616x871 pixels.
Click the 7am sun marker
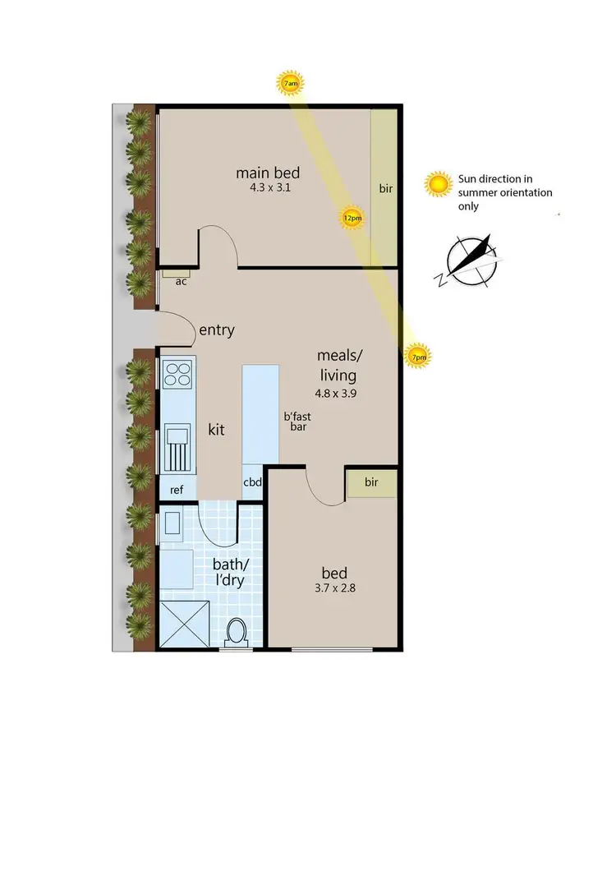tap(289, 84)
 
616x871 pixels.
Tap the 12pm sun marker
tap(352, 218)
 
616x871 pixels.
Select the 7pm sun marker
tap(418, 356)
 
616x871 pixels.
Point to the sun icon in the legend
tap(439, 185)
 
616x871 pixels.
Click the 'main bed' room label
tap(268, 173)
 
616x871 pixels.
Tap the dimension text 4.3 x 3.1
tap(268, 187)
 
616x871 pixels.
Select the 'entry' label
tap(217, 330)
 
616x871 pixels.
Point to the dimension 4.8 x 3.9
tap(338, 392)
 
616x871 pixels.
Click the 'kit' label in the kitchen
tap(216, 429)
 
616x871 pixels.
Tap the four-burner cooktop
tap(177, 375)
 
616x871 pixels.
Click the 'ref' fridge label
tap(177, 490)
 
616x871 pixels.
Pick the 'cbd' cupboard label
tap(252, 482)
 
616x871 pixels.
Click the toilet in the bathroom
tap(236, 633)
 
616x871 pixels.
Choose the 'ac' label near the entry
tap(181, 280)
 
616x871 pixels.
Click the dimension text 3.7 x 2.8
tap(334, 588)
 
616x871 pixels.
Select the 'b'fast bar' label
tap(297, 422)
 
